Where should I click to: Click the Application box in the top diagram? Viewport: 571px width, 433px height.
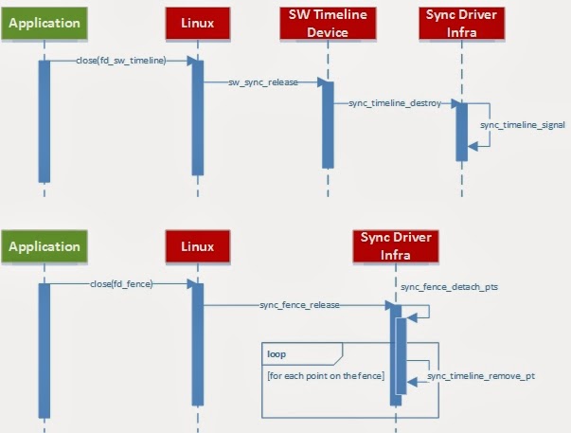click(x=44, y=22)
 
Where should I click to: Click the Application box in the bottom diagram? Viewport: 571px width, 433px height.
click(x=44, y=247)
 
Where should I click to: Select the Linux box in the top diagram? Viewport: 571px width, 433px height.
click(x=197, y=22)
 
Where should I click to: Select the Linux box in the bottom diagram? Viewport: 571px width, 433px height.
click(x=197, y=247)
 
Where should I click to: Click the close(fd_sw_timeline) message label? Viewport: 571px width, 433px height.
click(x=120, y=61)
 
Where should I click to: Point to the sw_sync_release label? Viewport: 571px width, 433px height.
click(x=262, y=82)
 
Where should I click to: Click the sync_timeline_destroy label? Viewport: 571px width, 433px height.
click(x=394, y=102)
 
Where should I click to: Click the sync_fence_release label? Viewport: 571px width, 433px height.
click(x=299, y=305)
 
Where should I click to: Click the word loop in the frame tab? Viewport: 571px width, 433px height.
click(x=277, y=352)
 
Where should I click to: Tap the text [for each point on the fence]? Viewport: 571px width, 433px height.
click(x=325, y=376)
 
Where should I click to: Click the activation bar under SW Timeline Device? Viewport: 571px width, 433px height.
click(x=327, y=123)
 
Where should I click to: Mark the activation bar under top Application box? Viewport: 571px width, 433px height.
click(x=44, y=120)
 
